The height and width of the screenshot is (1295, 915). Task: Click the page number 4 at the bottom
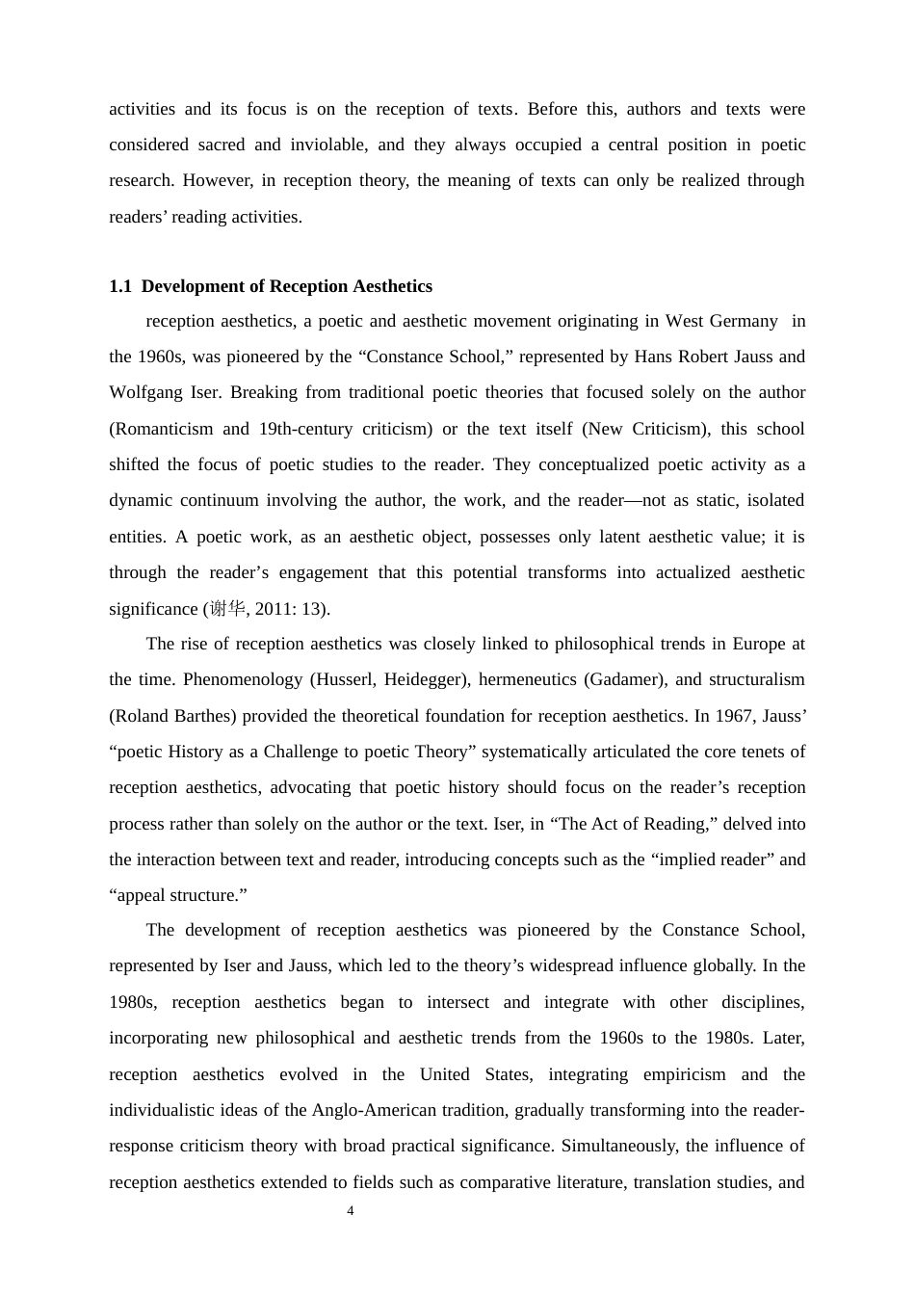350,1211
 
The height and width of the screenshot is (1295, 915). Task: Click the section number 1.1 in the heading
119,286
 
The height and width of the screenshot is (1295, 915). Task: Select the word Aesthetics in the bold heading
392,286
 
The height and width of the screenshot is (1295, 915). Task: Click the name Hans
654,357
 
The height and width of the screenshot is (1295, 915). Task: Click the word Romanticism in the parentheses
163,429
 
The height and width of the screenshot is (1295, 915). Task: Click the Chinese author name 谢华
227,609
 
